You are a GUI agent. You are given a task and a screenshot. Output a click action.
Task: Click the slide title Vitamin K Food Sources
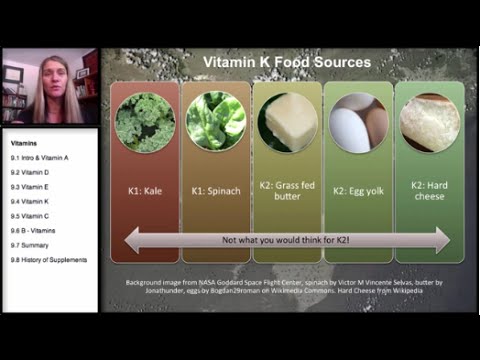coord(287,62)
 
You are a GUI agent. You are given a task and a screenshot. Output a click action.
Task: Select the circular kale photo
coord(145,122)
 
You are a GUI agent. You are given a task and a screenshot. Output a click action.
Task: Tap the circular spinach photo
coord(216,122)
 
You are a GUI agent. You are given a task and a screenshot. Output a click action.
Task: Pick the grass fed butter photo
coord(287,122)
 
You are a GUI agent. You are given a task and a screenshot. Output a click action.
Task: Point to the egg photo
coord(358,122)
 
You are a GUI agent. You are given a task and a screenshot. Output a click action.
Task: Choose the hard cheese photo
coord(429,122)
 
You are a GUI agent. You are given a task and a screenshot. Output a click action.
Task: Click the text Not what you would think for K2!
coord(287,240)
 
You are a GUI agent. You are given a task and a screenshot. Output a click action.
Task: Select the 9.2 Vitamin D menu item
coord(31,172)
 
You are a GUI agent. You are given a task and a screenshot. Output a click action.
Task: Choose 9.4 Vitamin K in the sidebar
coord(31,201)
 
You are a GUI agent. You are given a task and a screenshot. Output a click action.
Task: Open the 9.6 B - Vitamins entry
coord(36,230)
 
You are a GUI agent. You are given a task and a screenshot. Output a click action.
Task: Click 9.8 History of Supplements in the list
coord(49,260)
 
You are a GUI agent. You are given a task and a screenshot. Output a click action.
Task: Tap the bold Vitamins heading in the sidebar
coord(25,143)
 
